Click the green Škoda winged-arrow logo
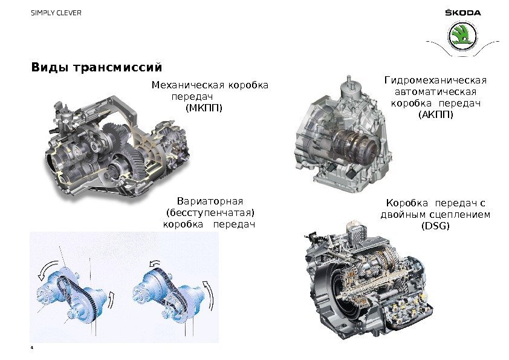point(462,36)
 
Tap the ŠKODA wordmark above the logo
point(462,13)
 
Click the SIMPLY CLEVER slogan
point(56,13)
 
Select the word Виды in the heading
point(50,67)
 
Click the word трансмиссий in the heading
point(117,67)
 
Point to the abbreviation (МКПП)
point(204,108)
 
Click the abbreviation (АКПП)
point(436,114)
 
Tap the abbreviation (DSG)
point(435,226)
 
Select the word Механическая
point(188,85)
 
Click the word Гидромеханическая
point(436,80)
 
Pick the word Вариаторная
point(210,201)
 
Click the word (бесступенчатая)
point(210,213)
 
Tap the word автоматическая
point(436,92)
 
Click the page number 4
point(32,348)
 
